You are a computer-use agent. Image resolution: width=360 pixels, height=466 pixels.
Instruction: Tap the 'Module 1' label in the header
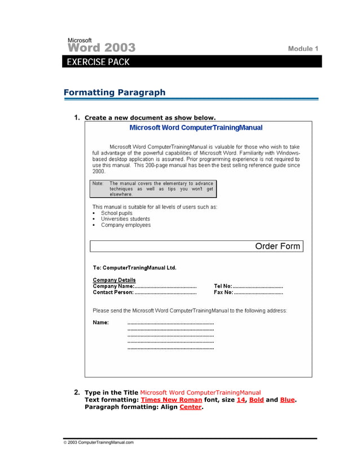point(303,49)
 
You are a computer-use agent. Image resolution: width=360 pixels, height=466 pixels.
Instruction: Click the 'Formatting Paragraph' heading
point(115,93)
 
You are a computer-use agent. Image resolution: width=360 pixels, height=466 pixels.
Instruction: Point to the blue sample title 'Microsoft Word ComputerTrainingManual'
point(196,128)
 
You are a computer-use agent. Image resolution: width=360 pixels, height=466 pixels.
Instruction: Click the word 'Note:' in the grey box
point(98,183)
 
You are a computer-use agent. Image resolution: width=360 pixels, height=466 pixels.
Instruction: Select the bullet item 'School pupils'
point(117,213)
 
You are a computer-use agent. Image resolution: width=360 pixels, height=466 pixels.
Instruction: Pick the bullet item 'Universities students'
point(125,219)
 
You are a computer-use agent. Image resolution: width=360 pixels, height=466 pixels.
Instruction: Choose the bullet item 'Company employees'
point(126,225)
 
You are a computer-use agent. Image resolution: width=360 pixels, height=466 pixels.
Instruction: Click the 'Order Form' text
point(278,246)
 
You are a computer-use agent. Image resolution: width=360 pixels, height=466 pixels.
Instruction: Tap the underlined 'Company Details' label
point(114,280)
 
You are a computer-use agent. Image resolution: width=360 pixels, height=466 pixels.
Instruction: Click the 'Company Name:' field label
point(113,286)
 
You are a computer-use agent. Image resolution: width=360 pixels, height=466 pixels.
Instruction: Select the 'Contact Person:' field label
point(113,292)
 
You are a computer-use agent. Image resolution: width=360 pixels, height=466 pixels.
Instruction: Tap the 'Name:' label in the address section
point(100,323)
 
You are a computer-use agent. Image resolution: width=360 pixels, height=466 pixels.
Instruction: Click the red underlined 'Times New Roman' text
point(171,399)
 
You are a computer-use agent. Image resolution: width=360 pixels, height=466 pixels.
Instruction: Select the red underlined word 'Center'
point(190,407)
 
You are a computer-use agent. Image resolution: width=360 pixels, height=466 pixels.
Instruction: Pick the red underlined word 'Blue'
point(287,399)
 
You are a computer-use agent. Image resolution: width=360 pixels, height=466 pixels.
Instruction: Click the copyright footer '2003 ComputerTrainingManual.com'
point(100,442)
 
